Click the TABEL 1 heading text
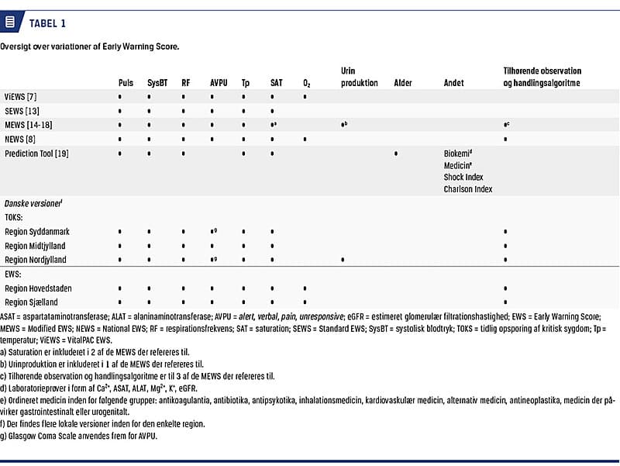pyautogui.click(x=48, y=23)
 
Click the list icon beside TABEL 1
pyautogui.click(x=10, y=22)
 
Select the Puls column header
pyautogui.click(x=126, y=83)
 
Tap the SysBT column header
pyautogui.click(x=158, y=83)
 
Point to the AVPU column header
pyautogui.click(x=219, y=83)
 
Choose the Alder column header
pyautogui.click(x=402, y=83)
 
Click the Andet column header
pyautogui.click(x=453, y=83)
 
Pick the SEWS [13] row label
pyautogui.click(x=22, y=111)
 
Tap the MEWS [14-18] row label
pyautogui.click(x=29, y=125)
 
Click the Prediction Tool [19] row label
pyautogui.click(x=36, y=154)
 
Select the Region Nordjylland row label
pyautogui.click(x=36, y=260)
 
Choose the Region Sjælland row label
pyautogui.click(x=32, y=302)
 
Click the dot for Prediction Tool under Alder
pyautogui.click(x=396, y=154)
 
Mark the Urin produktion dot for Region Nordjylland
pyautogui.click(x=343, y=260)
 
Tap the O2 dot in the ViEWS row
pyautogui.click(x=305, y=97)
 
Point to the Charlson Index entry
pyautogui.click(x=468, y=188)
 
